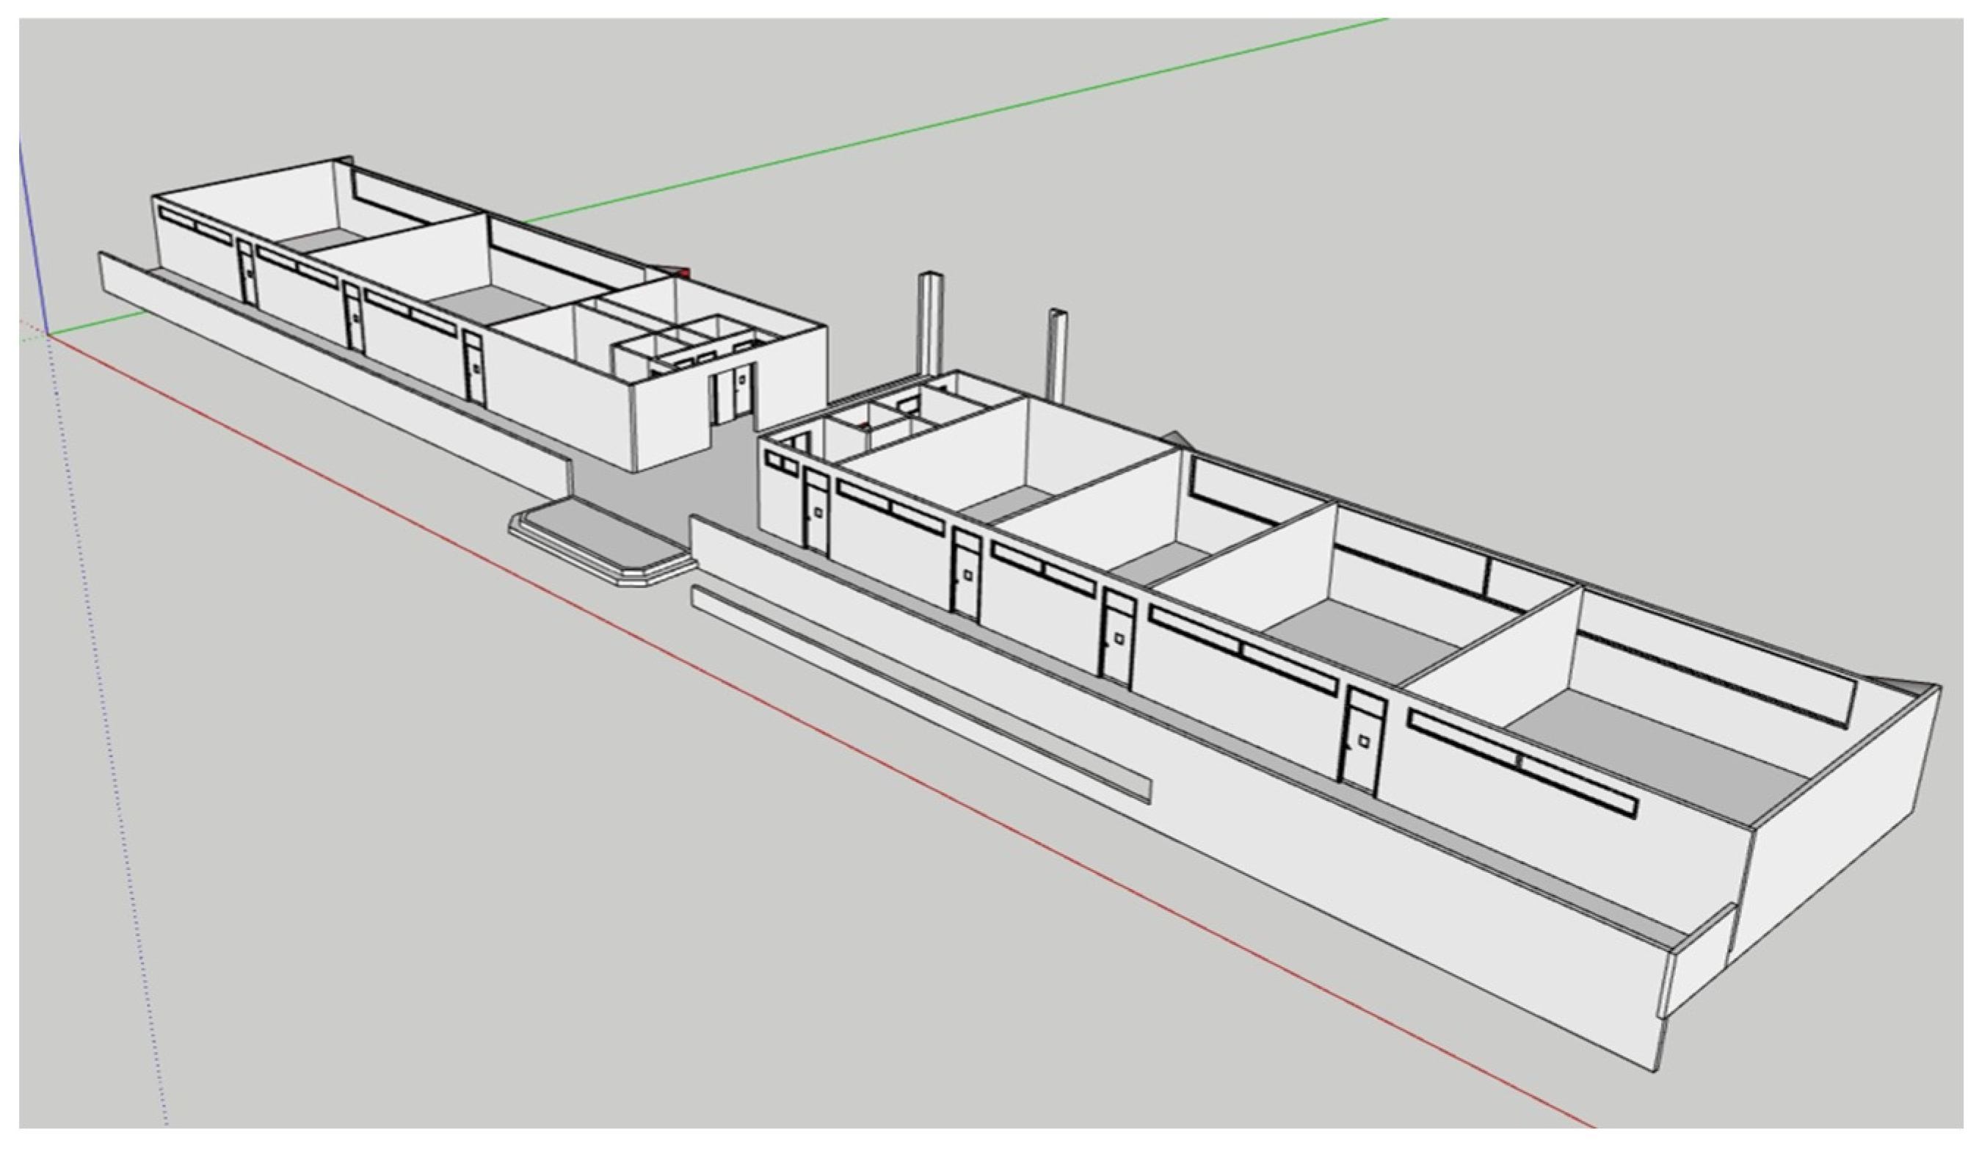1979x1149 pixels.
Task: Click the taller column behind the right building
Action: pyautogui.click(x=931, y=322)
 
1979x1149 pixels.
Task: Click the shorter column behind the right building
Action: pyautogui.click(x=1056, y=353)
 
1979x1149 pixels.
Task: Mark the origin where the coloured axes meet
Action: pyautogui.click(x=48, y=335)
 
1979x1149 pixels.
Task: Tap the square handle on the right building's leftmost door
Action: pyautogui.click(x=818, y=512)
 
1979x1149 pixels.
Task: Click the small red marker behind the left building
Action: pyautogui.click(x=685, y=272)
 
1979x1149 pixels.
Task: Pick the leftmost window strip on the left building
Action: pyautogui.click(x=195, y=224)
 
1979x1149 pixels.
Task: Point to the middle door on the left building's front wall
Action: pyautogui.click(x=354, y=317)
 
